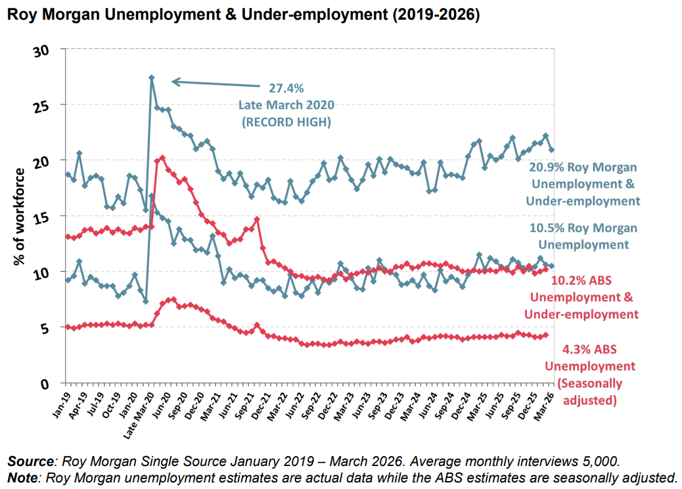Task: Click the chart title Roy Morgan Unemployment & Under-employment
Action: point(242,15)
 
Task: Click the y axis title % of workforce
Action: point(20,217)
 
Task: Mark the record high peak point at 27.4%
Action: point(152,78)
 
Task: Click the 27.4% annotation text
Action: point(286,88)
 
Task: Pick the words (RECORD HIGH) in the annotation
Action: point(286,122)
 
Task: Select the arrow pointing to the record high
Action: point(217,83)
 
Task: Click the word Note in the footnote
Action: point(21,476)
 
